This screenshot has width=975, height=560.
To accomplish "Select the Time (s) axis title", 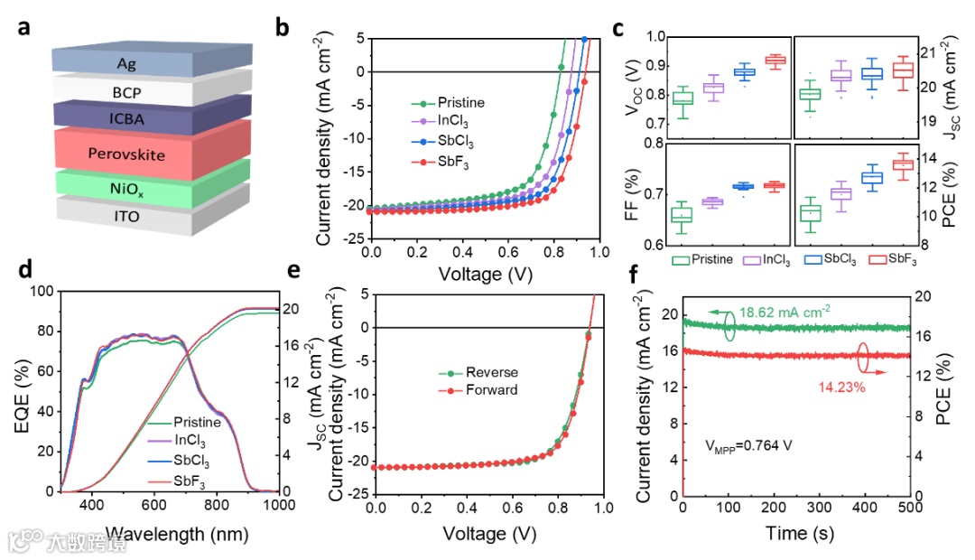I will pos(795,533).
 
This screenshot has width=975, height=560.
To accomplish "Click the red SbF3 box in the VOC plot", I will pos(775,61).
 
